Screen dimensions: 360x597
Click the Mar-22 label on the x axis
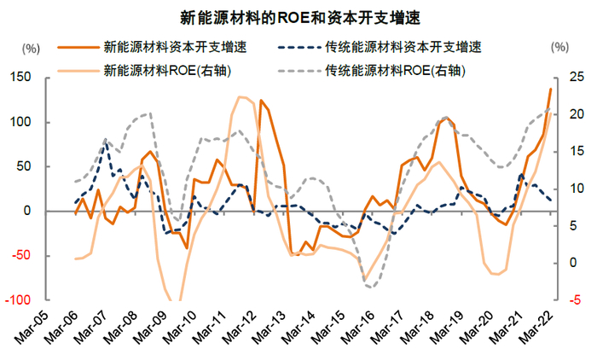pos(538,328)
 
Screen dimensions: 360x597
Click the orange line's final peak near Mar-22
pos(550,89)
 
